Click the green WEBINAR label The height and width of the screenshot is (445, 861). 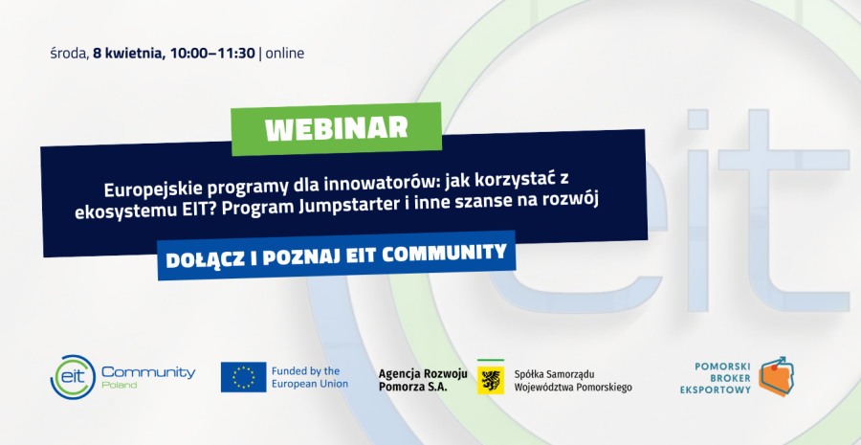pos(336,128)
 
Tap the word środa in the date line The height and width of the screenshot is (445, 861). pos(69,53)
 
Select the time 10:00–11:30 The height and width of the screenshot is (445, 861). pos(212,53)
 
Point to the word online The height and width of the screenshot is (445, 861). pos(285,53)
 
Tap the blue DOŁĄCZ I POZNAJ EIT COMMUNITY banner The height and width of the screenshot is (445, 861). pos(337,256)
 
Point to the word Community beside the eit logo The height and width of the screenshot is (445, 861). pos(147,372)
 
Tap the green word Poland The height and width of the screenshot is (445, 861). pos(119,386)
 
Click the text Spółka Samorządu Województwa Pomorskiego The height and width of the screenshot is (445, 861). pos(572,380)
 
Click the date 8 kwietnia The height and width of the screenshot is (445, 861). pos(129,53)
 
